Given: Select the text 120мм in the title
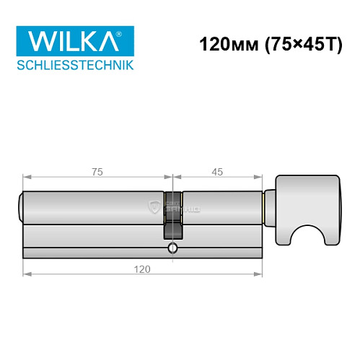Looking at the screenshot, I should pos(223,44).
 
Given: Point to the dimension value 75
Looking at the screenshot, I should pos(97,171).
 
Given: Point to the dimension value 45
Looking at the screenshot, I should pos(217,171).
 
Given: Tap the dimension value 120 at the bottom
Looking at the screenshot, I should pos(142,269).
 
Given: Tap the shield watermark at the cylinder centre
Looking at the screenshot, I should pos(153,207).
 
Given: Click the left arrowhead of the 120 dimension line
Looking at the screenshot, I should pos(26,274).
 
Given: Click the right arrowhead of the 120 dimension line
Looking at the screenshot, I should pos(260,274).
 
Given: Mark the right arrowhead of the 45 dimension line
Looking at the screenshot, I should pos(260,177).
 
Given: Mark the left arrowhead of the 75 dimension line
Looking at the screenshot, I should pos(26,177).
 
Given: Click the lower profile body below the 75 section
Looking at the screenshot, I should pos(94,242).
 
